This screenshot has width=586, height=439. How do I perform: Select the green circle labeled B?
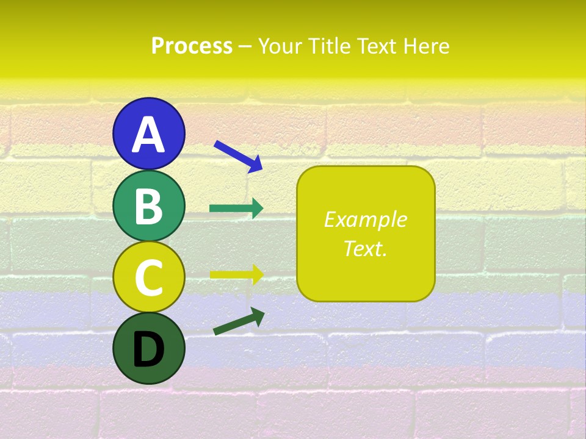(148, 205)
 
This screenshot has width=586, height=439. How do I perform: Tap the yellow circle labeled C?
(148, 276)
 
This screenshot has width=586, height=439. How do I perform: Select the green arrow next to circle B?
(236, 209)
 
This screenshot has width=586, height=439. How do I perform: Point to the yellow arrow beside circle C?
(236, 274)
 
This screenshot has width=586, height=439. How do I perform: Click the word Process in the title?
(192, 46)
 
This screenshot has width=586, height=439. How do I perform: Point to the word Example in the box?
(365, 220)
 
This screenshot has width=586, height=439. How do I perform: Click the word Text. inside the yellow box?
(365, 248)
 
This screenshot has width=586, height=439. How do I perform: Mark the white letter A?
(148, 135)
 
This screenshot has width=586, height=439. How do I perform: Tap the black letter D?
(148, 351)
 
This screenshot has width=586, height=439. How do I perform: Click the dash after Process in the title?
(245, 46)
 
